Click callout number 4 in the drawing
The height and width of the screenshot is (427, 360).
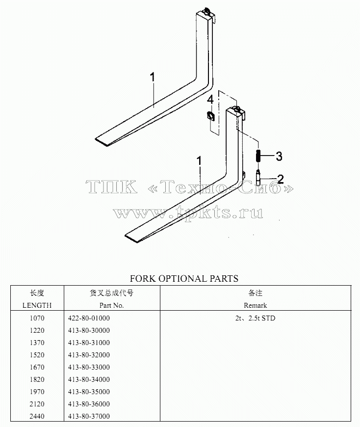(x=210, y=100)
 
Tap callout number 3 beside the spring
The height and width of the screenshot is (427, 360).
(x=279, y=156)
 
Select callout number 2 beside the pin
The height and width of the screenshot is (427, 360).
(x=280, y=179)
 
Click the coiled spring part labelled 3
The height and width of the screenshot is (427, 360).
(x=258, y=156)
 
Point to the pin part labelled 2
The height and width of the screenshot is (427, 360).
(x=258, y=177)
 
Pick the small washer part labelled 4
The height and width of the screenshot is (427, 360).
(x=210, y=116)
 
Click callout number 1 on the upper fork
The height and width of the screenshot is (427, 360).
(x=153, y=77)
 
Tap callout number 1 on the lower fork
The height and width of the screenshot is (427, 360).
(x=200, y=160)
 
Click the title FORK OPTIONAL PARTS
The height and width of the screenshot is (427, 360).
(x=184, y=278)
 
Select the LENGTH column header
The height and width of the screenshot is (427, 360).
(x=37, y=305)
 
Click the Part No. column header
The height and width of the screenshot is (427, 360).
(x=111, y=305)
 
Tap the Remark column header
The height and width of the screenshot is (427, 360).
(x=255, y=305)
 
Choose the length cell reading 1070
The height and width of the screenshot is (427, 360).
(x=37, y=318)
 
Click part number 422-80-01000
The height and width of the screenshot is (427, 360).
(x=89, y=318)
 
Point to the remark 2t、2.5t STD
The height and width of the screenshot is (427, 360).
(x=255, y=318)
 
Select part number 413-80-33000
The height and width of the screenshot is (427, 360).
(x=89, y=367)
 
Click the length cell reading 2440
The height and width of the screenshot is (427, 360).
(x=37, y=416)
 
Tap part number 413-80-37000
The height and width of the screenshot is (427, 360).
(x=89, y=416)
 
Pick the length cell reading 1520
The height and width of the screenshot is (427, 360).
(x=37, y=355)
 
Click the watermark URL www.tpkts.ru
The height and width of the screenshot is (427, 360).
(x=188, y=213)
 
